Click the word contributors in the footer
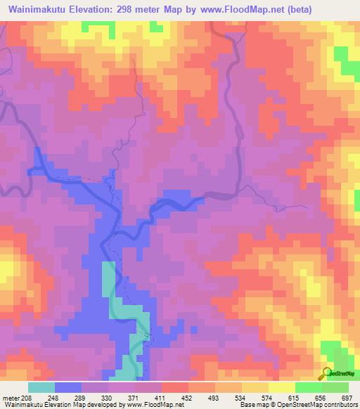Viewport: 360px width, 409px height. (x=339, y=405)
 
